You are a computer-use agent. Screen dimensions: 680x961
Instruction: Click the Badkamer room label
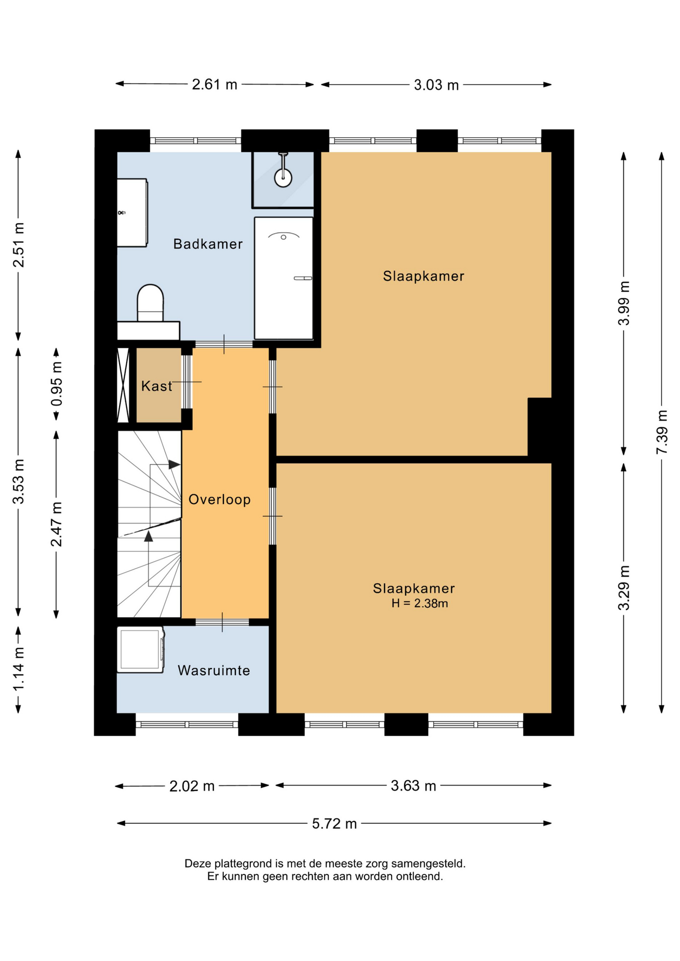[208, 244]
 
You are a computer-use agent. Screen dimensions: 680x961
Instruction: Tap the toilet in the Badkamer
[150, 303]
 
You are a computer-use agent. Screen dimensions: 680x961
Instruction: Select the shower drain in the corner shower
[283, 177]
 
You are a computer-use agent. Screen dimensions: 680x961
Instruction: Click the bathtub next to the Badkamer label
[284, 278]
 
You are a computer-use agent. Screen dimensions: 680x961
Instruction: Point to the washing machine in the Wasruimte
[141, 649]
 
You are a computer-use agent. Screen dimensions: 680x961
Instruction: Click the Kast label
[157, 386]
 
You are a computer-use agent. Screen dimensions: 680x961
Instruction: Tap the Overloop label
[219, 500]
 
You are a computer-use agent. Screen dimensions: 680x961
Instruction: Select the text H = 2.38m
[420, 603]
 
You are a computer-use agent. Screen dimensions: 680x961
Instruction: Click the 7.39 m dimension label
[662, 432]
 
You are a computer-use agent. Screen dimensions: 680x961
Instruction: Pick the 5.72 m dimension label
[334, 823]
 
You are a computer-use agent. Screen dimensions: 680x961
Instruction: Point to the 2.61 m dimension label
[214, 84]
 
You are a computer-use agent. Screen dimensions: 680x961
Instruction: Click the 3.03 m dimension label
[436, 85]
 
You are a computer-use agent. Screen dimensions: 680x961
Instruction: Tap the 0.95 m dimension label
[57, 384]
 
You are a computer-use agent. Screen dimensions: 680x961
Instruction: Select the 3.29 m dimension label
[624, 588]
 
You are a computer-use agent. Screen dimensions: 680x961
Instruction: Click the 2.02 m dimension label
[192, 786]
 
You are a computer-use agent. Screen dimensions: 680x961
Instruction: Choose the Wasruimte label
[214, 670]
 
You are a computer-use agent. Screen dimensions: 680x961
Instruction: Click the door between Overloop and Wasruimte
[222, 622]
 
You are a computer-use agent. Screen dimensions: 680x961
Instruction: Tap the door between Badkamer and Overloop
[224, 344]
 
